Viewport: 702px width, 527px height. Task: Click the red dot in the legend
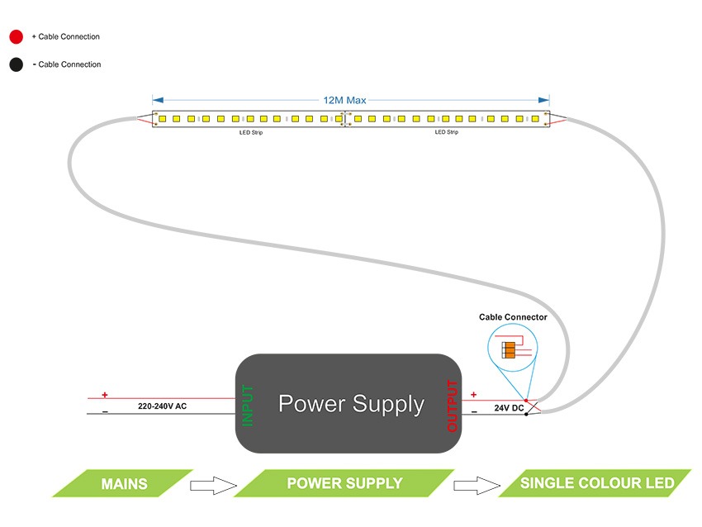[x=16, y=37]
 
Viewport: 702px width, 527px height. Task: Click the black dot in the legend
[x=16, y=64]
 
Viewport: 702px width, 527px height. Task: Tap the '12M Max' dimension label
[x=344, y=100]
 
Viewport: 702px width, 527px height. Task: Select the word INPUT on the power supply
[x=248, y=405]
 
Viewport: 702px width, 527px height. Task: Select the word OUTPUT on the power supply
[x=452, y=406]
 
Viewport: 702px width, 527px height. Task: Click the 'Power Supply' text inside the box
[x=351, y=404]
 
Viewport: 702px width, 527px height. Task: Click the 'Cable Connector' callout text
[x=513, y=317]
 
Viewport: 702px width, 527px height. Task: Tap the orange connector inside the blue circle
[x=510, y=349]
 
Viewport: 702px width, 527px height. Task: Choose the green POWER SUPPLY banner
[x=344, y=483]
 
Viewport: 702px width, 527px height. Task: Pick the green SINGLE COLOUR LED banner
[x=596, y=483]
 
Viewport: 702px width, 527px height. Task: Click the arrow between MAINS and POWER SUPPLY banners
[x=213, y=484]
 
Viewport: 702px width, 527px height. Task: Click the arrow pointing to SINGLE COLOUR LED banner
[x=477, y=484]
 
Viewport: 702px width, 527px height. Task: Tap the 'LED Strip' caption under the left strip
[x=251, y=132]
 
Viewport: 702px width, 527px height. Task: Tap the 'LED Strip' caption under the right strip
[x=446, y=132]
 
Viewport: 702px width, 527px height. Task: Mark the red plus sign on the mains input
[x=105, y=395]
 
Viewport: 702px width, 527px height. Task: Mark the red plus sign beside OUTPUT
[x=473, y=395]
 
